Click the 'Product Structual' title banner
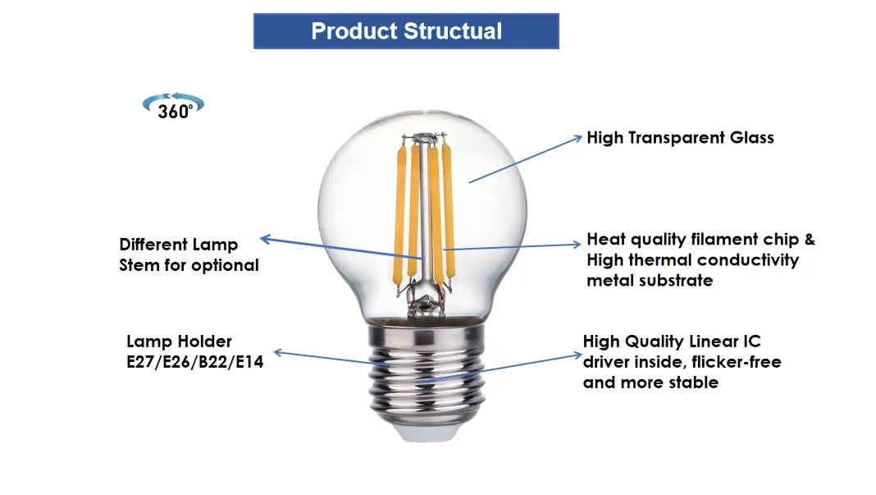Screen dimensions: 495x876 coord(406,32)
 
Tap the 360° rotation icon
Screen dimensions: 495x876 coord(173,106)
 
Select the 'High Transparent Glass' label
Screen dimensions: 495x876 coord(680,138)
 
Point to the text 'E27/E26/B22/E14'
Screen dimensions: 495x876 coord(195,361)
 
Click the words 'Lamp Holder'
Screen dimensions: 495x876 coord(179,341)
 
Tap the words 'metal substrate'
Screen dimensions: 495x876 coord(650,281)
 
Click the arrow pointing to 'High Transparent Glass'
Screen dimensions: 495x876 coord(525,159)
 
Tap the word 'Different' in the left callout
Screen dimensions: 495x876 coord(154,245)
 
